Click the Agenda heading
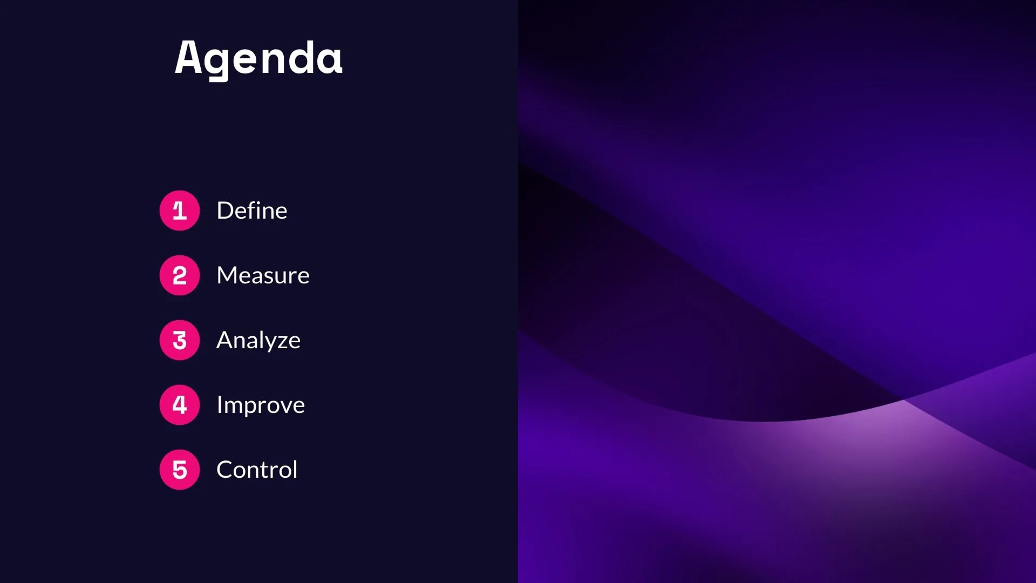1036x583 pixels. click(x=258, y=58)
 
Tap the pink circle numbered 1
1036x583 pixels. click(x=180, y=211)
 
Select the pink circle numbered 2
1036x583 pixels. click(x=180, y=275)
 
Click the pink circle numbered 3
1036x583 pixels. click(x=180, y=340)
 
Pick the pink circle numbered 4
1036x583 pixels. click(x=180, y=405)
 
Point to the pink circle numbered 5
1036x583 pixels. click(x=180, y=470)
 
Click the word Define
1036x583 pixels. click(x=251, y=211)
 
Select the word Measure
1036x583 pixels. click(x=263, y=275)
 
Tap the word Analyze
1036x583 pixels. click(x=258, y=341)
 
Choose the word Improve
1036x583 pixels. click(x=261, y=405)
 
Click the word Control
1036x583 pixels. click(x=257, y=470)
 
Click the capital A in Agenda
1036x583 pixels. click(x=188, y=57)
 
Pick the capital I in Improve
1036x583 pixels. click(x=219, y=405)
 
